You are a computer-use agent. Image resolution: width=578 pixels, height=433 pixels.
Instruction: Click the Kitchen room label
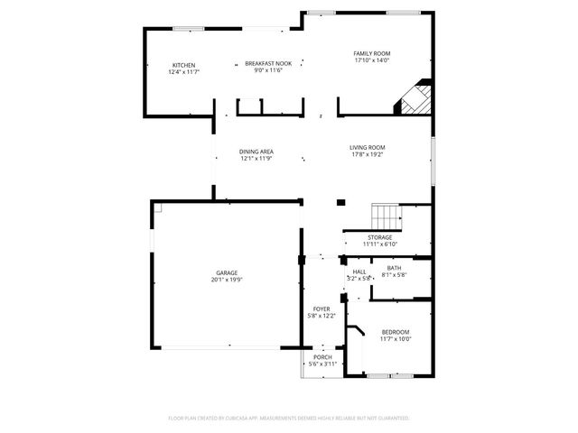click(184, 65)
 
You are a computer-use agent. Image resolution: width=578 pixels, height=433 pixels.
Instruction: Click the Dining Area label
click(256, 152)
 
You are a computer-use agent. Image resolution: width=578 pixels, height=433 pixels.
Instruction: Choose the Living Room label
click(368, 147)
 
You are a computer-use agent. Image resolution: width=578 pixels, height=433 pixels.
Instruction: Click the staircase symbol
click(387, 216)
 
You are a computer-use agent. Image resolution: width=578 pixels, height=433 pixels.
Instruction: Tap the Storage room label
click(379, 237)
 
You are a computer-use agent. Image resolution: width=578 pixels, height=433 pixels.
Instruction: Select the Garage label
click(227, 273)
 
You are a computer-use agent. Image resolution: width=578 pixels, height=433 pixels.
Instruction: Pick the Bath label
click(394, 268)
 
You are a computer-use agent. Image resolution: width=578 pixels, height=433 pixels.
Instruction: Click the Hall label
click(359, 272)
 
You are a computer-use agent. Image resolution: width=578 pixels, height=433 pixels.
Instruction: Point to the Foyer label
click(322, 309)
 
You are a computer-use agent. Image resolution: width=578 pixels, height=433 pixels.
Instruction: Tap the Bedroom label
click(395, 332)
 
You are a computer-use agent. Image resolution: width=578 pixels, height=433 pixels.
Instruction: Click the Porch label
click(322, 358)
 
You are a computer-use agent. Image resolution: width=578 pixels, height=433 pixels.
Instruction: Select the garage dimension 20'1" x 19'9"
click(227, 280)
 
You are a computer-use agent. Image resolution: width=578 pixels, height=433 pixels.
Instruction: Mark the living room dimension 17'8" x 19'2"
click(368, 153)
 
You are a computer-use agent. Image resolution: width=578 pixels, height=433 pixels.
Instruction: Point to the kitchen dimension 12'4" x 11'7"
click(184, 71)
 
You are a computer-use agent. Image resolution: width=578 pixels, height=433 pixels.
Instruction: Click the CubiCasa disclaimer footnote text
click(289, 419)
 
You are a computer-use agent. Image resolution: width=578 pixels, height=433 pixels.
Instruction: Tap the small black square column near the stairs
click(340, 202)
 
